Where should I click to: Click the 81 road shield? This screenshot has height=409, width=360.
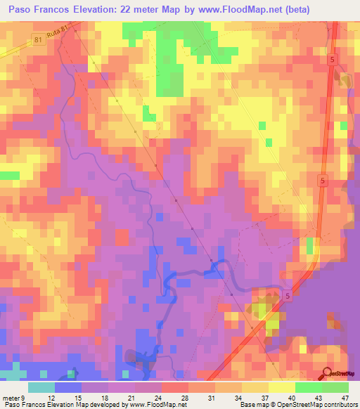pos(39,41)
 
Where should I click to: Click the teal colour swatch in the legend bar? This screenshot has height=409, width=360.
pos(41,387)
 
